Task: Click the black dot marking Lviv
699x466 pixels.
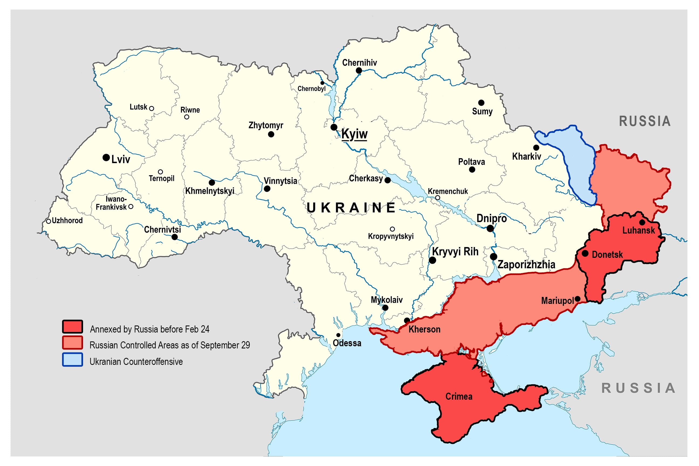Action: pos(106,157)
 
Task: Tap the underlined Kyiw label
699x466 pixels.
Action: pos(354,134)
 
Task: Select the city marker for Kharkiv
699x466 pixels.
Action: pos(536,148)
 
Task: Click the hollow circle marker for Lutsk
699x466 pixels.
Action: pos(152,108)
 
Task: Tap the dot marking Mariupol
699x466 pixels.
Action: pos(577,299)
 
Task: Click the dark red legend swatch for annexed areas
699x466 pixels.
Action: pos(73,327)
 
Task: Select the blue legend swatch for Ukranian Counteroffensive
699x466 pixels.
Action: pos(73,359)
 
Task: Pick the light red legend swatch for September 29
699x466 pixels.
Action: pos(73,343)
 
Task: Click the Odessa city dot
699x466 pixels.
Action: pos(338,335)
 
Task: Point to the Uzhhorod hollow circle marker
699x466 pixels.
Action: pos(49,221)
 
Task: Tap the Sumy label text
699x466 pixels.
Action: pos(482,111)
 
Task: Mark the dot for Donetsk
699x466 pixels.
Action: pos(585,253)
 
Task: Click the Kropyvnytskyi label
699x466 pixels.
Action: pos(390,236)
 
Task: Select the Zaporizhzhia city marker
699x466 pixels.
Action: pos(494,256)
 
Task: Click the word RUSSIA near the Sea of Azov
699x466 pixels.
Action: pos(638,388)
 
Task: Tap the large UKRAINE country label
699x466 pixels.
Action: pos(351,208)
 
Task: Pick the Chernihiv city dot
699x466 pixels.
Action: pos(359,71)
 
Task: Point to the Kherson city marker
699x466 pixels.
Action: pos(407,321)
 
